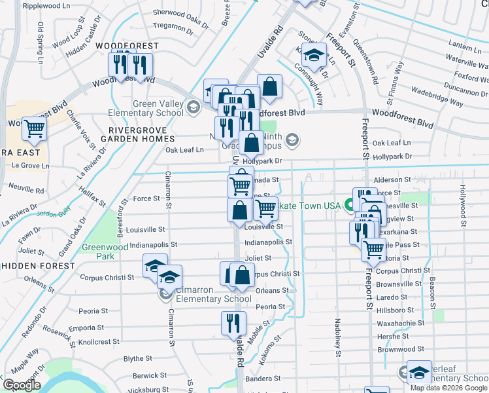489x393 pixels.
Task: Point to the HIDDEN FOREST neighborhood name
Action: click(38, 267)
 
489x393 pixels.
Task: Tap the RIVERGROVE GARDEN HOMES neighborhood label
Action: click(139, 134)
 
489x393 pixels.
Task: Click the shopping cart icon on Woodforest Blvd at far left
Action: click(33, 130)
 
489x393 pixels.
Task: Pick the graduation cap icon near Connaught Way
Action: click(314, 56)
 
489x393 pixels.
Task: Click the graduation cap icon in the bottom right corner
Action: click(419, 372)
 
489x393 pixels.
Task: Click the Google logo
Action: click(22, 385)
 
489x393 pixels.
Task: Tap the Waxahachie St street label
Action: click(401, 323)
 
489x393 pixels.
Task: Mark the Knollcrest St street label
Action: click(97, 342)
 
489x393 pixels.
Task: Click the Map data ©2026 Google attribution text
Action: click(448, 388)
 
